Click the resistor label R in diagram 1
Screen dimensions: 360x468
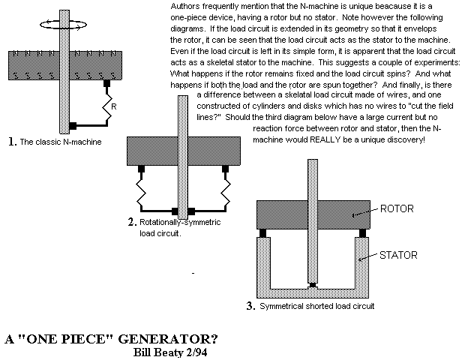[x=112, y=107]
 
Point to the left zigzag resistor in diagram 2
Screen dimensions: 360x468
[x=139, y=187]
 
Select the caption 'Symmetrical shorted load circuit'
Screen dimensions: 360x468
[x=318, y=306]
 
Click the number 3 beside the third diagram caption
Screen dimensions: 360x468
[x=250, y=305]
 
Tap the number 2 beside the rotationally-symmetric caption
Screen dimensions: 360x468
[x=131, y=221]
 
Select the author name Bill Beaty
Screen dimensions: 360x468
[x=149, y=349]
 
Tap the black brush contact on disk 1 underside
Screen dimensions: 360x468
[x=106, y=82]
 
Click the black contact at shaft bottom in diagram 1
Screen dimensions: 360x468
[x=72, y=125]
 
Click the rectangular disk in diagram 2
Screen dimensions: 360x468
[x=150, y=151]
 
